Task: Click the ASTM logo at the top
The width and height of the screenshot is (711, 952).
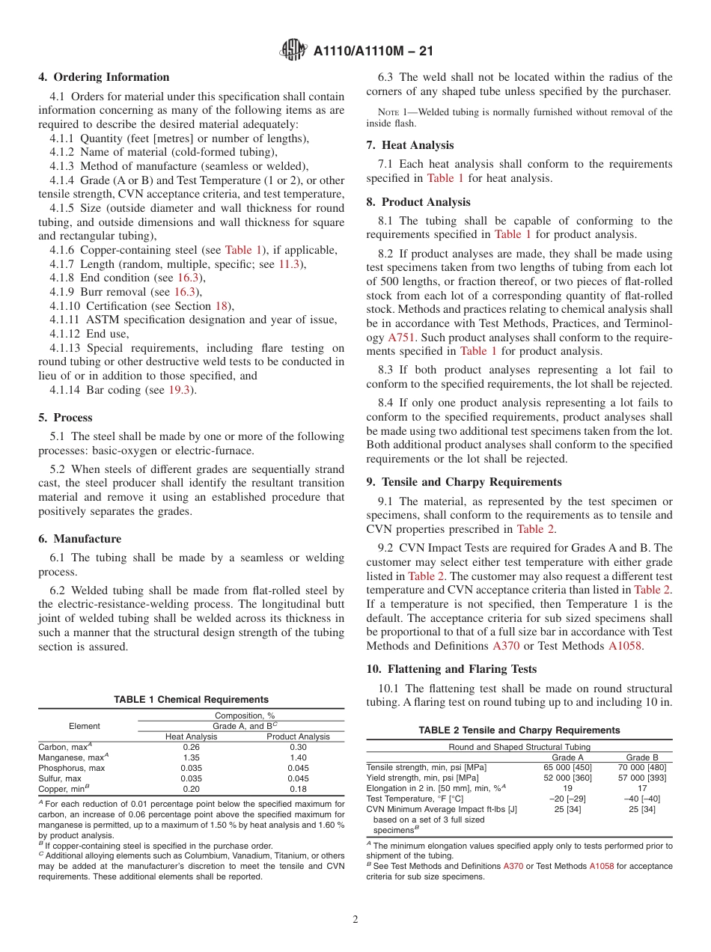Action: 293,51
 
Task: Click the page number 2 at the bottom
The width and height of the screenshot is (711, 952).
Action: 355,919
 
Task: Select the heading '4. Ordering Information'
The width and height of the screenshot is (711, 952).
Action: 104,77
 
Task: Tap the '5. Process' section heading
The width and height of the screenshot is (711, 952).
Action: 66,418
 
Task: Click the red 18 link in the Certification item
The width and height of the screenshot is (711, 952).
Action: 221,305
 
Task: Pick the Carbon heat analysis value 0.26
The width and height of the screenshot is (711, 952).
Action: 190,747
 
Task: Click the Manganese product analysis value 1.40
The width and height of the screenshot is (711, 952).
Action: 298,757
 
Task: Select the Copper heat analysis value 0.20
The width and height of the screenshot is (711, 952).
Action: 190,789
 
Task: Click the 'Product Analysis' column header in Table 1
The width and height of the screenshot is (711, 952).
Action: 298,736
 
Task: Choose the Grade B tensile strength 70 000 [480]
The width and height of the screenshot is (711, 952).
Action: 642,767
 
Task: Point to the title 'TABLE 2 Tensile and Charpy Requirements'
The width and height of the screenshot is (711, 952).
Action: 519,730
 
